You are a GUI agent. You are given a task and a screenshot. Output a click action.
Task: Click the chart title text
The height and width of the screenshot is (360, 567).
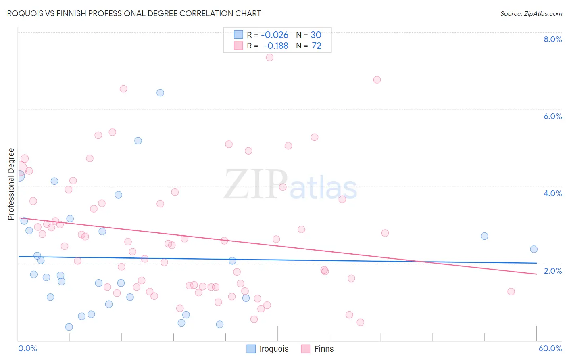pyautogui.click(x=133, y=13)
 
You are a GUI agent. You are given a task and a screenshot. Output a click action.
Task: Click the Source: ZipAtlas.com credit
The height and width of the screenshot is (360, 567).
pyautogui.click(x=531, y=13)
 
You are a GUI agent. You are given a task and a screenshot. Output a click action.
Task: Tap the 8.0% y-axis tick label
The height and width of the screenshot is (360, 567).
pyautogui.click(x=552, y=39)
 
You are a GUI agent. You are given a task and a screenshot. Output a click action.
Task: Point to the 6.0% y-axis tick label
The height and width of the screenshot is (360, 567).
pyautogui.click(x=552, y=116)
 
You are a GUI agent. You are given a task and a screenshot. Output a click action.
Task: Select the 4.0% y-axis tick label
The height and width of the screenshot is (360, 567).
pyautogui.click(x=552, y=193)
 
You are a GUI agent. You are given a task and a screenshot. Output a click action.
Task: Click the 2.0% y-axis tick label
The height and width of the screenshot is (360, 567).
pyautogui.click(x=552, y=271)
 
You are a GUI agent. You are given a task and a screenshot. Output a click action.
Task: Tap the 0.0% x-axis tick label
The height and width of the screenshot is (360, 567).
pyautogui.click(x=27, y=348)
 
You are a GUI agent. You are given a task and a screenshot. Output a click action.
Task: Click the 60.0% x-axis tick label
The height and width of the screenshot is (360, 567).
pyautogui.click(x=550, y=348)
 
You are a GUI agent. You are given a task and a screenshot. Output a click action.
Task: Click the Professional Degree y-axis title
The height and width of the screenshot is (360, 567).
pyautogui.click(x=11, y=184)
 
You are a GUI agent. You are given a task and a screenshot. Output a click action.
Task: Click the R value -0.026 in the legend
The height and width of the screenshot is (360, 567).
pyautogui.click(x=275, y=35)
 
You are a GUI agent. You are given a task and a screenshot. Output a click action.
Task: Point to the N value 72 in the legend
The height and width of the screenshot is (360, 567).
pyautogui.click(x=317, y=46)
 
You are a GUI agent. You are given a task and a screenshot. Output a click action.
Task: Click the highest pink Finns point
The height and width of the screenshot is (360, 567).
pyautogui.click(x=270, y=57)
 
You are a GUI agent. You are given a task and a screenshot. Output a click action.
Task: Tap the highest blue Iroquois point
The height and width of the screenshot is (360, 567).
pyautogui.click(x=160, y=93)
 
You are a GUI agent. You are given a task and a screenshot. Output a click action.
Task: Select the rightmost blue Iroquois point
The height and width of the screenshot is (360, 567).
pyautogui.click(x=534, y=249)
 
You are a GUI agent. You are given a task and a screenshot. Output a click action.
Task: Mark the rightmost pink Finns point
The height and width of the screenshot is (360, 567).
pyautogui.click(x=511, y=291)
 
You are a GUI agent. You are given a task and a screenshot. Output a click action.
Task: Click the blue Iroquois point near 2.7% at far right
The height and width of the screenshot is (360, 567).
pyautogui.click(x=484, y=236)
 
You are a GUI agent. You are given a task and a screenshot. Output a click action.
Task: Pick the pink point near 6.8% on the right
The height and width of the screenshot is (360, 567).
pyautogui.click(x=377, y=80)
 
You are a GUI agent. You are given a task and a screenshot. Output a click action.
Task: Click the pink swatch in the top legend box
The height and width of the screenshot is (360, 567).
pyautogui.click(x=238, y=46)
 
